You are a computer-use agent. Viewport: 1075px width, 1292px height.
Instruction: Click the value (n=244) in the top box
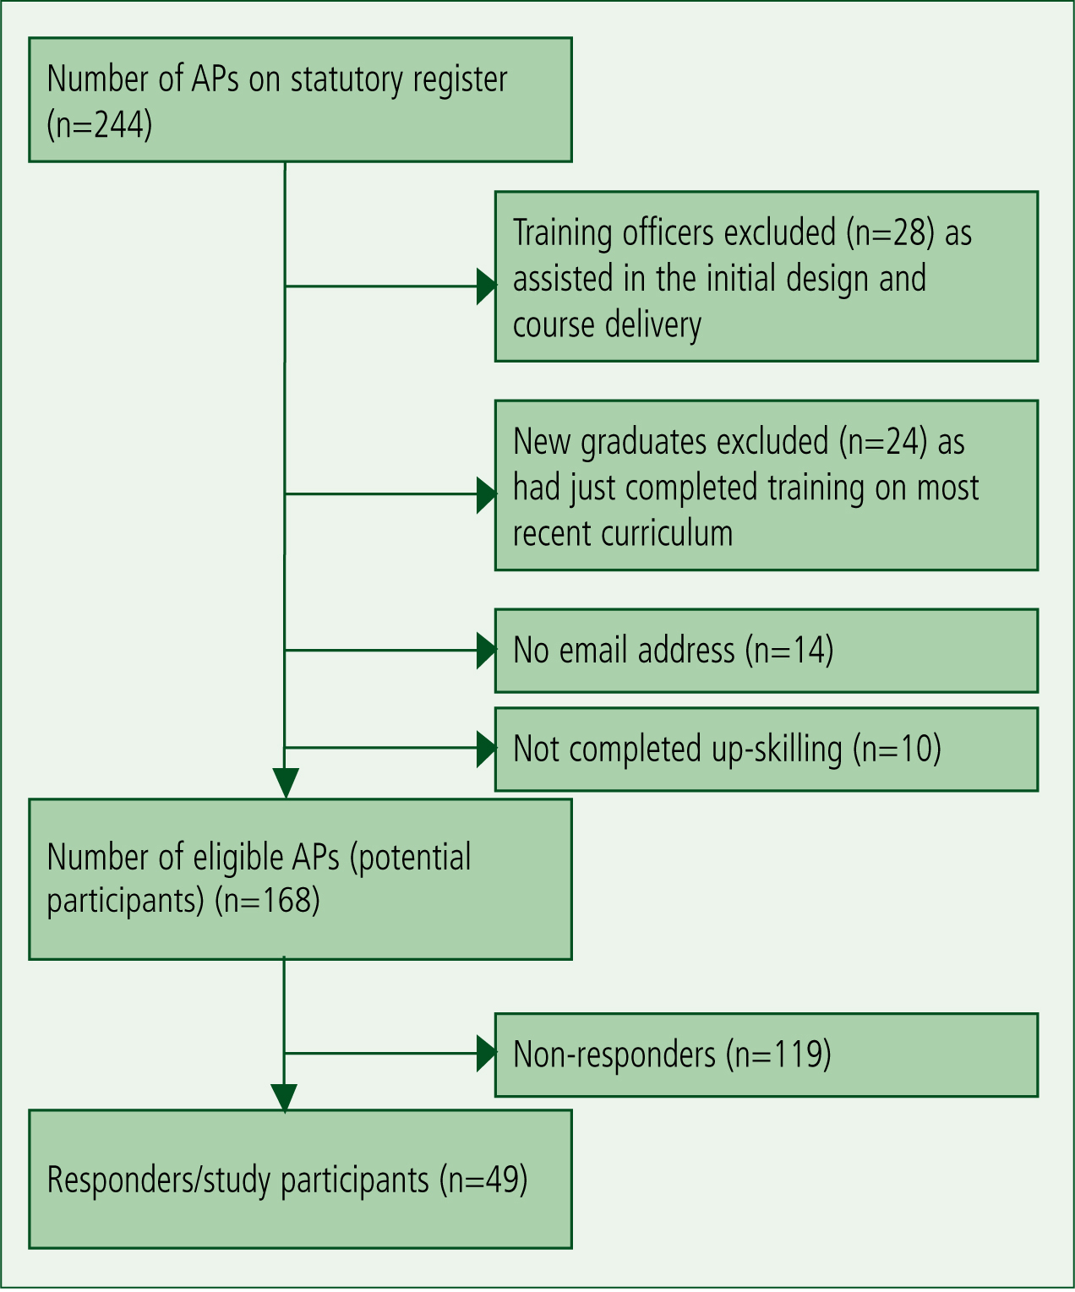pyautogui.click(x=100, y=125)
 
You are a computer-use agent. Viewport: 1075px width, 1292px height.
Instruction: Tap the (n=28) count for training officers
pyautogui.click(x=891, y=232)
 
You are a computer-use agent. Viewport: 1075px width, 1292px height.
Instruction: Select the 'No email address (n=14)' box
pyautogui.click(x=767, y=651)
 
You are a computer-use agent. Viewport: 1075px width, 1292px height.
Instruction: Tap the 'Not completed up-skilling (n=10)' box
pyautogui.click(x=767, y=749)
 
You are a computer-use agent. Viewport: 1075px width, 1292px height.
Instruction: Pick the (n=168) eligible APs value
pyautogui.click(x=267, y=900)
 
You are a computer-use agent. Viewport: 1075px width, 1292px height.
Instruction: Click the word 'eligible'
pyautogui.click(x=238, y=859)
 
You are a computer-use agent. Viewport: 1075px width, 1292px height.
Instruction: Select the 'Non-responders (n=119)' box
pyautogui.click(x=767, y=1055)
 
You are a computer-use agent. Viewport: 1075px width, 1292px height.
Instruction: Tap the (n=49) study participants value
pyautogui.click(x=483, y=1179)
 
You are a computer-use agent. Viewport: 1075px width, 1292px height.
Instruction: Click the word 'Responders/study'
pyautogui.click(x=159, y=1180)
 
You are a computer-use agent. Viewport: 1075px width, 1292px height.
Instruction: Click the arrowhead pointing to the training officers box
pyautogui.click(x=487, y=286)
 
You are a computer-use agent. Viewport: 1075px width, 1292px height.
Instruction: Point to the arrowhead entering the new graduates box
pyautogui.click(x=487, y=495)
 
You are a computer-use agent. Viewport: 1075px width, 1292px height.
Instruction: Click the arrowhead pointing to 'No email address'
pyautogui.click(x=487, y=651)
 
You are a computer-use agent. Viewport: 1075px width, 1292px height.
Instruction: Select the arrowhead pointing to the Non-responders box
pyautogui.click(x=487, y=1054)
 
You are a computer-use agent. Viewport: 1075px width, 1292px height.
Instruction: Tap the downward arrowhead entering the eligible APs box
pyautogui.click(x=286, y=782)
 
